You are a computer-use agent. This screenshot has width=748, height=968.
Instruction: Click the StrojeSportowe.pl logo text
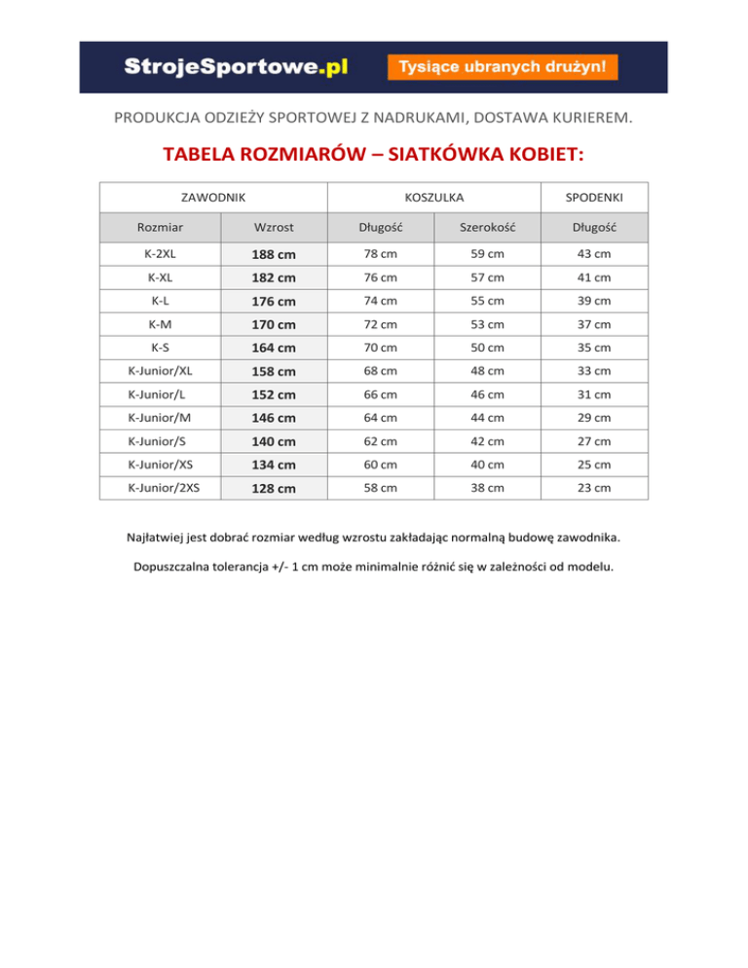pos(236,66)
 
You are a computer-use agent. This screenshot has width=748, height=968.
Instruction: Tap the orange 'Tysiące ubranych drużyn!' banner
pos(503,67)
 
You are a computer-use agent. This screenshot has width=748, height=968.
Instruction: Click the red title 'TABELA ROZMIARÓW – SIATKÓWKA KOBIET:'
pos(373,155)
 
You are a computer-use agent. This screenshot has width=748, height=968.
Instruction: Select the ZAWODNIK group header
pos(213,199)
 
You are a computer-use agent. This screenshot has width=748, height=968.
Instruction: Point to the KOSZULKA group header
pos(432,199)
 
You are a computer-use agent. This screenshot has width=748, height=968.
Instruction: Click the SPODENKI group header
pos(594,199)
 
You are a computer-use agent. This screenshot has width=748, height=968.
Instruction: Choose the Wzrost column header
pos(274,228)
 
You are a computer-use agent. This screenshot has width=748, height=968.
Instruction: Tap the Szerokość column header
pos(487,228)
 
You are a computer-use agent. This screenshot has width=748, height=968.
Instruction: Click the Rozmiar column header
pos(161,228)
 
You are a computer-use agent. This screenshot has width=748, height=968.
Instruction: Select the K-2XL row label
pos(161,254)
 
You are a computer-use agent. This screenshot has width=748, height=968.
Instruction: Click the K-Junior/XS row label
pos(161,465)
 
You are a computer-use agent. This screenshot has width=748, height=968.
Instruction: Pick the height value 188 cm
pos(274,255)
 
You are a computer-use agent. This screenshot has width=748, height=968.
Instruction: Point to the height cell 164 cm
pos(274,349)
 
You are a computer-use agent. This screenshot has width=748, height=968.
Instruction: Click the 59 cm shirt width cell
pos(487,254)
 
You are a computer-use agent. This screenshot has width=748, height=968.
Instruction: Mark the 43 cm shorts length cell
pos(594,254)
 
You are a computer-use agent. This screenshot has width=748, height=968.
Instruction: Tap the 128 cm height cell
pos(274,489)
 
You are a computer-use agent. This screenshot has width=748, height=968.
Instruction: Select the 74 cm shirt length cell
pos(375,301)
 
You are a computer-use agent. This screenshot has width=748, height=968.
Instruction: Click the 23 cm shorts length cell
pos(594,488)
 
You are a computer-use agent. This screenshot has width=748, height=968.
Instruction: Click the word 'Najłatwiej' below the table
pos(160,537)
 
